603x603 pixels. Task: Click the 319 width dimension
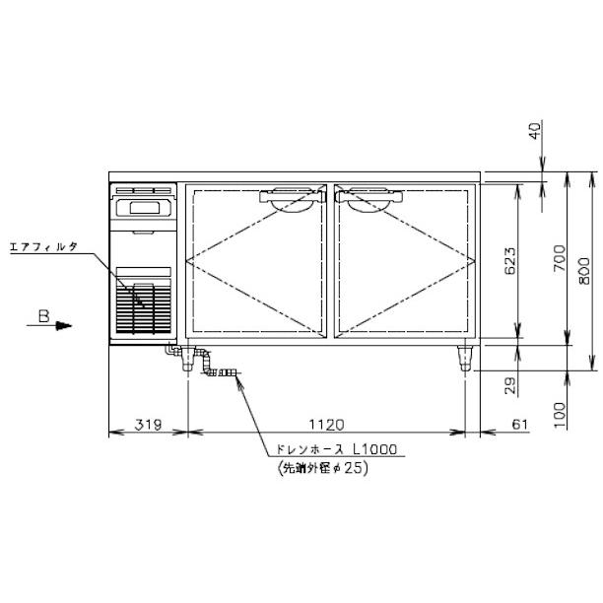148,425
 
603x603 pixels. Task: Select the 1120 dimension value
326,425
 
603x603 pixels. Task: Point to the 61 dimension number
520,425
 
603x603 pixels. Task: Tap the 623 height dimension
509,261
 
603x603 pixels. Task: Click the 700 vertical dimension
560,258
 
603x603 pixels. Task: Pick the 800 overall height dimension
583,271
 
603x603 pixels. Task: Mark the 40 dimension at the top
535,130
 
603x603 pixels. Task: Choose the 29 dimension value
510,385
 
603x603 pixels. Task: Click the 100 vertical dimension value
560,415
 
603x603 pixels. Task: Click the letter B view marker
44,316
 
